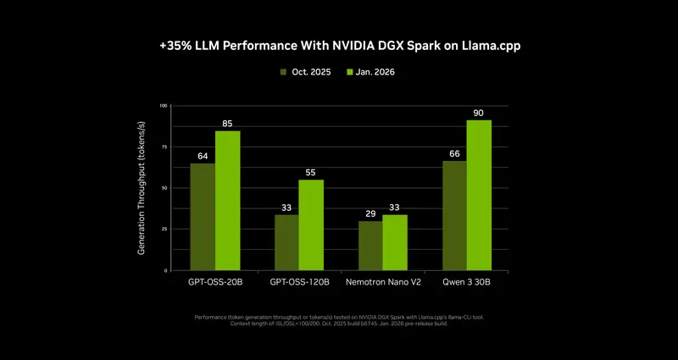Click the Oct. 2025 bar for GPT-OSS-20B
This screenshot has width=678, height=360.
coord(202,217)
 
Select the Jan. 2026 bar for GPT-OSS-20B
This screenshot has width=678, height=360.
coord(227,201)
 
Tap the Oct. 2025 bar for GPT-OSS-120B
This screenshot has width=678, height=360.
coord(286,242)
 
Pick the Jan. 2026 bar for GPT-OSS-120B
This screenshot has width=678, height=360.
coord(311,225)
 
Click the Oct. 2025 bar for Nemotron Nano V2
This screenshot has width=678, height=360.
coord(370,246)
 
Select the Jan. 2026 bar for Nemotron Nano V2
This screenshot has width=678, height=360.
coord(395,242)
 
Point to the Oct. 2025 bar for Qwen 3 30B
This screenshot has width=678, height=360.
coord(454,215)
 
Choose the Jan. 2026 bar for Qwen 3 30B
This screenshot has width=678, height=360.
coord(479,195)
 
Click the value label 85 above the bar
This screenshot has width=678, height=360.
coord(227,124)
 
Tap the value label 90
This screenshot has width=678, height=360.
coord(479,113)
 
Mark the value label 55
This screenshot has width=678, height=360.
coord(311,172)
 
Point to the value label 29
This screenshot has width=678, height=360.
coord(370,213)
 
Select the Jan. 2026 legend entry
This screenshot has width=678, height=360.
coord(371,73)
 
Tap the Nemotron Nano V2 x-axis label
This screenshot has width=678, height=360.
coord(382,282)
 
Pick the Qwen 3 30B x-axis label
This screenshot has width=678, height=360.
coord(466,282)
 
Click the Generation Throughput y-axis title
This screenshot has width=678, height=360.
coord(142,188)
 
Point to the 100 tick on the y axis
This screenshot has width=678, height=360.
coord(163,106)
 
